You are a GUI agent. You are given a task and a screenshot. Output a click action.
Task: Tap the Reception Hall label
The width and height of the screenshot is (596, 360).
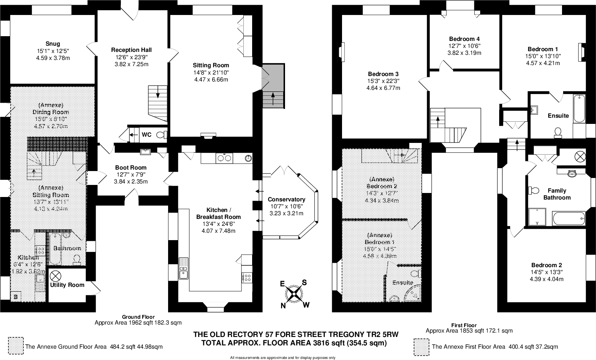[131, 50]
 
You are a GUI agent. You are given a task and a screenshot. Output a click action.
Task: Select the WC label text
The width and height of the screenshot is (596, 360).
[146, 135]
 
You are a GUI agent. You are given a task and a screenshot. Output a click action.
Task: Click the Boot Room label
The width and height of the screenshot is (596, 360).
[130, 168]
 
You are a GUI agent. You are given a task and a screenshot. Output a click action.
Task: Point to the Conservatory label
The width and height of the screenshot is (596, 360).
[286, 200]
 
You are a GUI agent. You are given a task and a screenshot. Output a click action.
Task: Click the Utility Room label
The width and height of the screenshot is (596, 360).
[67, 285]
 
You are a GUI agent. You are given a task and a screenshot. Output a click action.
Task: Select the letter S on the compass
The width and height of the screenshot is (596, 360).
[304, 283]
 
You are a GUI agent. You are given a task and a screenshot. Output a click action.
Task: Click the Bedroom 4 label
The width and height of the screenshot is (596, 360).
[464, 39]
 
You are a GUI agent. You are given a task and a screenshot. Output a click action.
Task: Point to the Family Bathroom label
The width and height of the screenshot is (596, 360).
[557, 194]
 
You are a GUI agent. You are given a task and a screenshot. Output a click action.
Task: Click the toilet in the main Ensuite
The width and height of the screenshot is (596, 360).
[558, 132]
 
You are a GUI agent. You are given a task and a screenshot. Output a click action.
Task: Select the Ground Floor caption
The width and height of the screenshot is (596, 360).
[138, 317]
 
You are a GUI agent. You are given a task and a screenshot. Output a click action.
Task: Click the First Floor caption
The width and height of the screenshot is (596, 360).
[464, 325]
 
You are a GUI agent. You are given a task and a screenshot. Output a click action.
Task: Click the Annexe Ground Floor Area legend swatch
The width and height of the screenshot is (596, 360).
[15, 346]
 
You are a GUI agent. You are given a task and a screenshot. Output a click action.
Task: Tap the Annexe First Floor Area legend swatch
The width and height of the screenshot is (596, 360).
[421, 346]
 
